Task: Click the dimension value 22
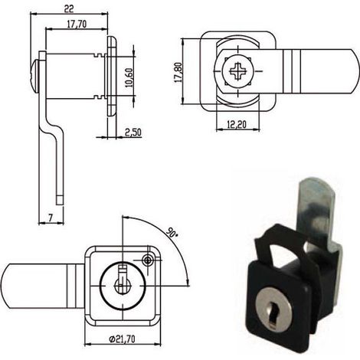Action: (69, 8)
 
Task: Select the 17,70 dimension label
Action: (77, 24)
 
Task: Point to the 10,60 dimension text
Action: (129, 77)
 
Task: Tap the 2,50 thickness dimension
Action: (133, 133)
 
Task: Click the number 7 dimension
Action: (51, 218)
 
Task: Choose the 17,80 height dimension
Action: (178, 72)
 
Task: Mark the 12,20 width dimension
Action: (237, 124)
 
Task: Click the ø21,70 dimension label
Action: (122, 339)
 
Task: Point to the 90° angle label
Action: (172, 232)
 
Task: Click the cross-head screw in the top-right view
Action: (237, 70)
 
